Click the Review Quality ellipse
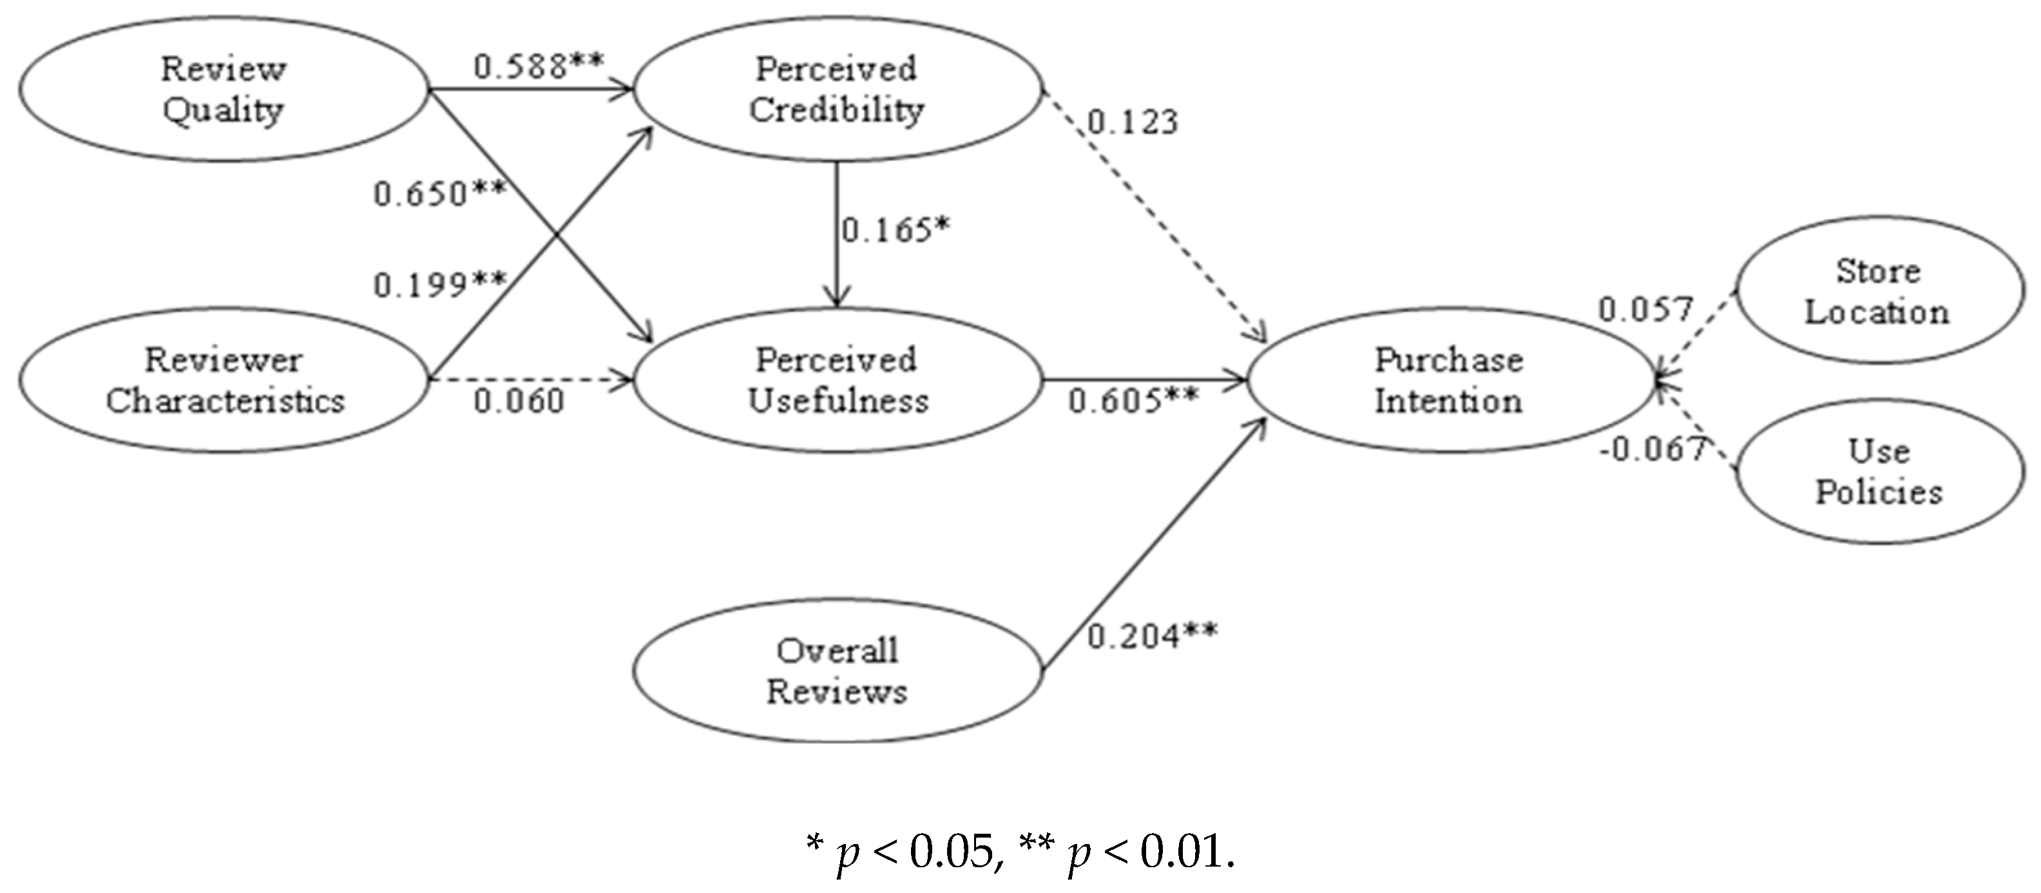(x=224, y=89)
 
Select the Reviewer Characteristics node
(x=224, y=380)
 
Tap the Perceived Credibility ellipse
(x=837, y=89)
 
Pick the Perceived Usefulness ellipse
(x=837, y=380)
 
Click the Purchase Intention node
(x=1448, y=380)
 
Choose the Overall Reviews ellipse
(x=837, y=670)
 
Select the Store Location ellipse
(x=1878, y=291)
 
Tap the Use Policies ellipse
(x=1878, y=472)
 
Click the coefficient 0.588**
(x=539, y=66)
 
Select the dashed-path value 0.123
(x=1132, y=122)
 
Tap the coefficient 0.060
(x=519, y=401)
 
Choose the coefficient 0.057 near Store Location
(x=1645, y=309)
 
